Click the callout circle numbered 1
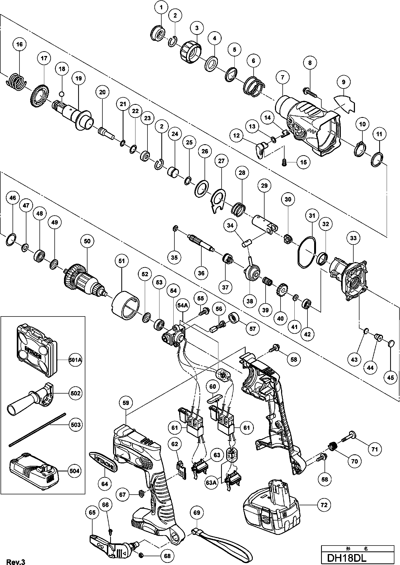coord(161,8)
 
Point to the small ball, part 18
coord(62,94)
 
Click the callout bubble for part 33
coord(353,238)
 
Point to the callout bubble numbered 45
coord(390,378)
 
